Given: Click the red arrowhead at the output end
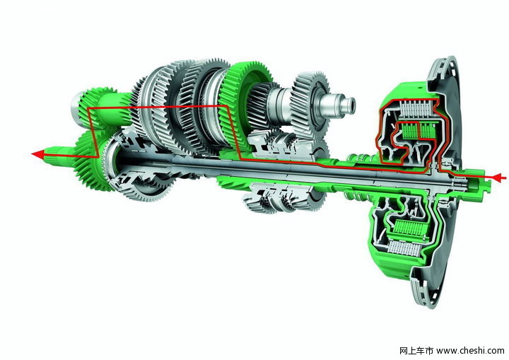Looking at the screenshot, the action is click(x=37, y=154).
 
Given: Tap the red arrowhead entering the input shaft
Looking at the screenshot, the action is click(x=498, y=178).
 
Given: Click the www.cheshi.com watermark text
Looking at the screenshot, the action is click(x=470, y=351).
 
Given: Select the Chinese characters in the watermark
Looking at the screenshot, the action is click(x=416, y=351).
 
